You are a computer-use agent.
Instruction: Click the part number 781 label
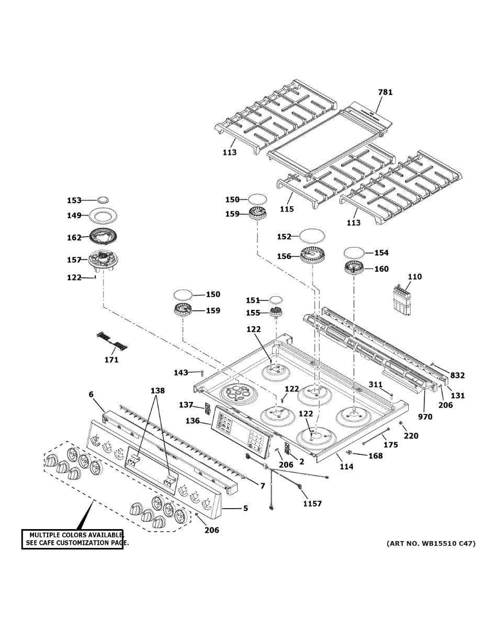pyautogui.click(x=385, y=93)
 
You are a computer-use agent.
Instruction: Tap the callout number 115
pyautogui.click(x=287, y=209)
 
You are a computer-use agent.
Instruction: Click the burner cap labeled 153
pyautogui.click(x=103, y=199)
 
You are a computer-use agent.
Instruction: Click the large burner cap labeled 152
pyautogui.click(x=312, y=236)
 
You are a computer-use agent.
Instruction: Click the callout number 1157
pyautogui.click(x=312, y=503)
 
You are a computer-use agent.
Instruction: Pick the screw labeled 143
pyautogui.click(x=201, y=373)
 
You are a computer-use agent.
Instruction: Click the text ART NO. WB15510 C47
pyautogui.click(x=431, y=543)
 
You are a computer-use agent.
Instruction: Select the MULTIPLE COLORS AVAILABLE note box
pyautogui.click(x=73, y=539)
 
